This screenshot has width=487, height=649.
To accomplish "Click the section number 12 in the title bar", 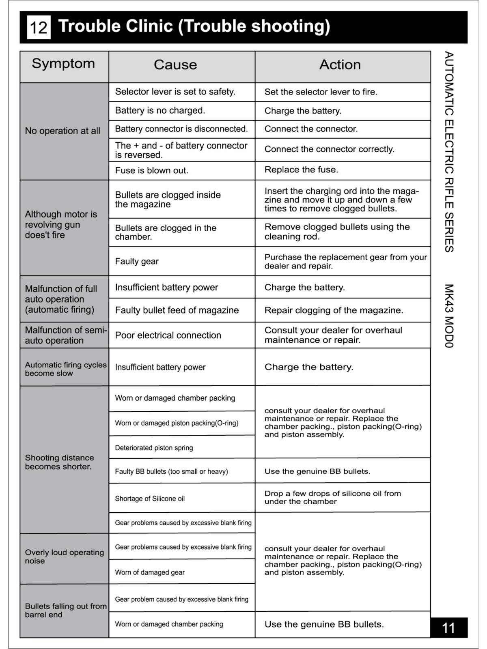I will click(x=39, y=28).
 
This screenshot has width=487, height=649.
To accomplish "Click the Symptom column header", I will click(x=63, y=64).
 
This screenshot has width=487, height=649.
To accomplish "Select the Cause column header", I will click(x=175, y=65).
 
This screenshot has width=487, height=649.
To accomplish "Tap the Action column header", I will click(x=340, y=65).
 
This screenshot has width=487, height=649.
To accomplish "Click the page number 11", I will click(x=448, y=628).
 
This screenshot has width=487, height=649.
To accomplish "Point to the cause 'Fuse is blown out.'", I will click(x=151, y=171).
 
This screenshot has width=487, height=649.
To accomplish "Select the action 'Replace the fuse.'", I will click(x=301, y=170).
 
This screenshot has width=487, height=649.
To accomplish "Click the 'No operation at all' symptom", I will click(x=62, y=131).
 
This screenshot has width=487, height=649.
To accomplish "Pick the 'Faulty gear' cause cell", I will click(x=137, y=262).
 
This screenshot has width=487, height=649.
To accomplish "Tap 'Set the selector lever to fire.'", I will click(x=321, y=92).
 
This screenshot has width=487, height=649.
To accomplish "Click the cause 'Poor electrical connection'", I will click(x=168, y=335).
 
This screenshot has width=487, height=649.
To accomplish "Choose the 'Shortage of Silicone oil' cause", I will click(x=150, y=499).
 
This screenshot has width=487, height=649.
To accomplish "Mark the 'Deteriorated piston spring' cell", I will click(x=154, y=448).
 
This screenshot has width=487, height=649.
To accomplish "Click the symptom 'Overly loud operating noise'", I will click(x=64, y=557).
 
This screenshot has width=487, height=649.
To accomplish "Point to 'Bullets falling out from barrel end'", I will click(x=65, y=610).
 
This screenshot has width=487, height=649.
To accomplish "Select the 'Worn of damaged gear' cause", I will click(x=150, y=573).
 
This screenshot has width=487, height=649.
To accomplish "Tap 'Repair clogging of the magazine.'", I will click(x=334, y=311).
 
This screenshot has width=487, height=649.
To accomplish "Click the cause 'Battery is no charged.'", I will click(x=160, y=111).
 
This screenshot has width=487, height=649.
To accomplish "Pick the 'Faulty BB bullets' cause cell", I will click(x=171, y=472).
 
